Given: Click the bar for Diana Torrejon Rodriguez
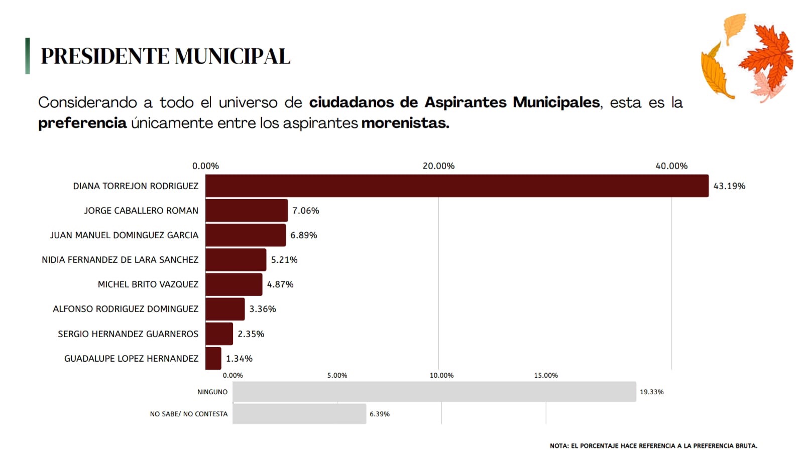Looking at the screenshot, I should tap(457, 186).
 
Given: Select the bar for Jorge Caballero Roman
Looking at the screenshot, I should tap(247, 210).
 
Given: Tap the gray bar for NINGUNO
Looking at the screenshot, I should tap(434, 392).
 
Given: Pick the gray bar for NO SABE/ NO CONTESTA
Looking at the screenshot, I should tap(299, 414).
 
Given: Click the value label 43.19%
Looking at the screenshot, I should tap(729, 186).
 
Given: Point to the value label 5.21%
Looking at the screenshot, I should tap(284, 260).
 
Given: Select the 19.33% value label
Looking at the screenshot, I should tap(651, 392).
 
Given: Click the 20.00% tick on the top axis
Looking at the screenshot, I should tap(438, 166).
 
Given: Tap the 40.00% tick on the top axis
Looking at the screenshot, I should tap(671, 166).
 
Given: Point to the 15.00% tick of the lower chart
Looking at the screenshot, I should tap(546, 375).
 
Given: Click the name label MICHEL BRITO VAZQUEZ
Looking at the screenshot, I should tap(148, 284).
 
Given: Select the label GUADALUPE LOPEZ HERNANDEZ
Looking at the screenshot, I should tap(131, 359).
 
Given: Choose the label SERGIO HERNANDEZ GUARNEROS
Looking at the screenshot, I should tap(128, 334).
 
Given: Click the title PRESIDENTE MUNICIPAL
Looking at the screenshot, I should tap(166, 56).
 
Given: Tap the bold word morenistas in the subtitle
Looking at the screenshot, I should tap(405, 123).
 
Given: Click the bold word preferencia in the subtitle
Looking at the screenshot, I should tap(82, 123).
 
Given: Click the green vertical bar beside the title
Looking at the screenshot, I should tap(28, 56).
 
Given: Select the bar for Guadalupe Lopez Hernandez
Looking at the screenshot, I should tap(213, 358).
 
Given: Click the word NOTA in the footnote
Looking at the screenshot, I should tap(558, 445).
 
